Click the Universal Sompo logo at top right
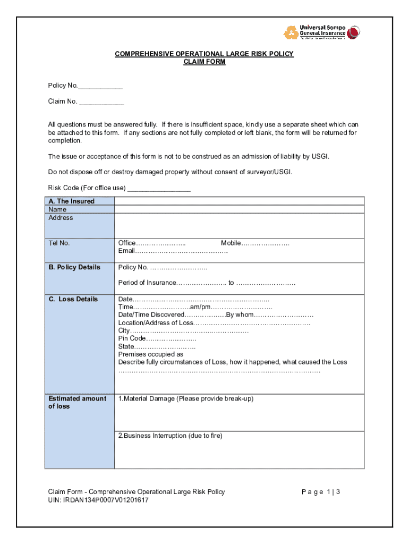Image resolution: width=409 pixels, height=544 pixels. point(322,32)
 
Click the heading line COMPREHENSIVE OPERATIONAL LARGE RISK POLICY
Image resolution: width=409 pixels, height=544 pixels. point(204,54)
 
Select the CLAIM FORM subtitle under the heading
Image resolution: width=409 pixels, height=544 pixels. point(204,62)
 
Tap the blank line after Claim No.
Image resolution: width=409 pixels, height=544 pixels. point(101,102)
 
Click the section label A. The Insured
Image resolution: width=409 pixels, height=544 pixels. point(71,201)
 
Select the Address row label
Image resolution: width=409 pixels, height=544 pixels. point(61,218)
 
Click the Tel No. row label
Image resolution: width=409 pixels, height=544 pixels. point(59,243)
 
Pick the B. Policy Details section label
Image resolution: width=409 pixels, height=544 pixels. point(74,267)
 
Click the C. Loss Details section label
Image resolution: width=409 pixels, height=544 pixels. point(73,299)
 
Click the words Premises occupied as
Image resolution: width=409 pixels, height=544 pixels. point(150,354)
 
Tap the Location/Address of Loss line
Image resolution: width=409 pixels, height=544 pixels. point(214,322)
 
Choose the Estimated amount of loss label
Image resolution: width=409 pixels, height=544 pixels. point(77,402)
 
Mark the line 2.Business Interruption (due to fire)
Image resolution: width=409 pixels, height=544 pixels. point(170,436)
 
